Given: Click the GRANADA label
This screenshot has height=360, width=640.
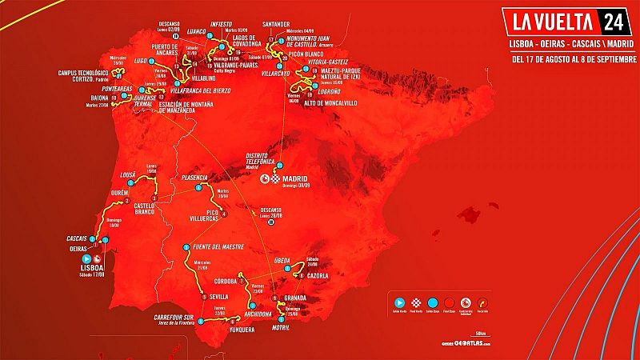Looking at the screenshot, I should coord(295,298).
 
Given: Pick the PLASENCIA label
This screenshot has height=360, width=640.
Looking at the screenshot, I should coord(195,177).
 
